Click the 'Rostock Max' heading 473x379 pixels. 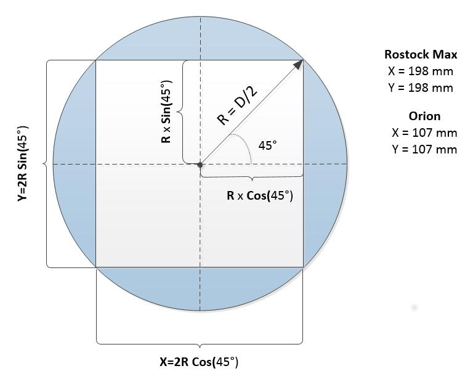click(x=421, y=55)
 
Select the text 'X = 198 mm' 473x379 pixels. click(x=421, y=71)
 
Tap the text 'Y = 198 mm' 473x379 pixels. click(x=421, y=88)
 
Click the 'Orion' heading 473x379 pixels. click(x=424, y=116)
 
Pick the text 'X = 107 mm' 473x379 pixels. click(x=424, y=132)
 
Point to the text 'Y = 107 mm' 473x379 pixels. click(x=424, y=149)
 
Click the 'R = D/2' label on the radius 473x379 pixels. click(x=237, y=107)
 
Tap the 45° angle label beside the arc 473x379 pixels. click(x=267, y=146)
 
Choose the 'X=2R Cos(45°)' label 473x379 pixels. click(x=198, y=362)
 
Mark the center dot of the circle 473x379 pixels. click(x=200, y=165)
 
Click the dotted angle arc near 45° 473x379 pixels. click(x=247, y=148)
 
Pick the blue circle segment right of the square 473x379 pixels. click(x=325, y=165)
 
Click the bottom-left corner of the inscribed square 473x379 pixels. click(x=96, y=267)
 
